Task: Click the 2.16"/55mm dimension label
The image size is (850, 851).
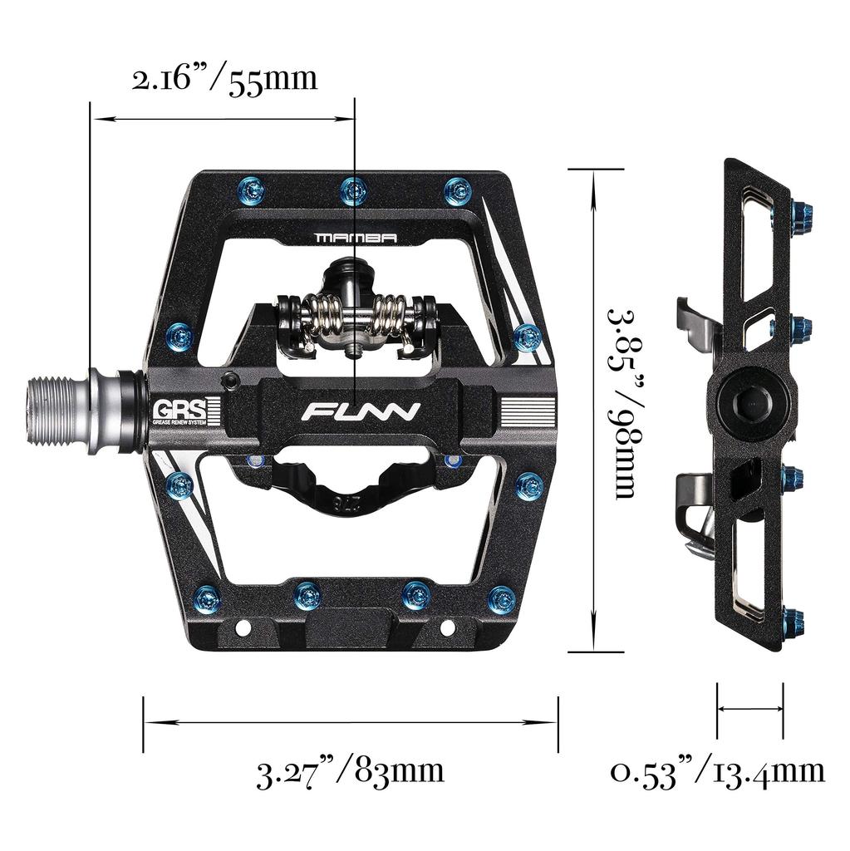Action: (224, 80)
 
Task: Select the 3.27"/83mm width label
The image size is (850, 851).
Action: (350, 771)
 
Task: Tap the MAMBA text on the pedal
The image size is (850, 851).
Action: (355, 238)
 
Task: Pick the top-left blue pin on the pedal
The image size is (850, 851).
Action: (253, 189)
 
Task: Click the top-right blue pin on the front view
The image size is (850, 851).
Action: (454, 189)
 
